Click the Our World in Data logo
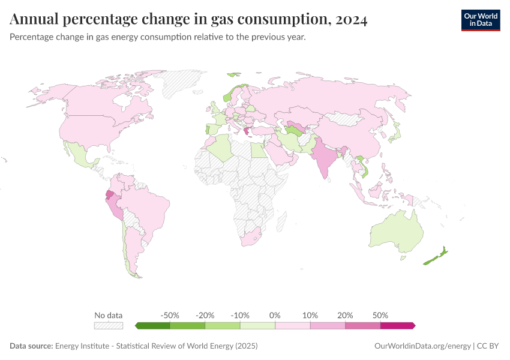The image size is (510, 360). coord(480,20)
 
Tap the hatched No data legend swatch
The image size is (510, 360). coord(109,326)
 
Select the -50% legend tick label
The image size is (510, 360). coord(170,315)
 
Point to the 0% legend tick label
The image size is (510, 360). coord(275,315)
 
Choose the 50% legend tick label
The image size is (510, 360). coord(380,315)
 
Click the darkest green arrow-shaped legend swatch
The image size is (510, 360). coord(153,326)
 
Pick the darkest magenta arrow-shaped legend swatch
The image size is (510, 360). coord(397,326)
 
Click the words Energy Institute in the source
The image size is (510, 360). coord(80,346)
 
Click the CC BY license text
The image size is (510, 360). coord(488,346)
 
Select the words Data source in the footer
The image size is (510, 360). coord(31,346)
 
